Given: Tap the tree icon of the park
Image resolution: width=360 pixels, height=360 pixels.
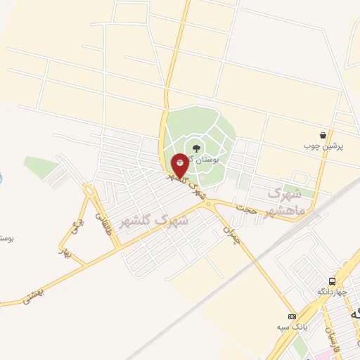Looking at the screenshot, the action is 195,148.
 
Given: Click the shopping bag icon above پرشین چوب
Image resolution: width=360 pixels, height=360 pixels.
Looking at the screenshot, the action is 323,135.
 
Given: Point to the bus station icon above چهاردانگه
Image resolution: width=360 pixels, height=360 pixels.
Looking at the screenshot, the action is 332,281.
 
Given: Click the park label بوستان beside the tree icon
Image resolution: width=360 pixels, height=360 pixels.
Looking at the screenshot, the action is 207,160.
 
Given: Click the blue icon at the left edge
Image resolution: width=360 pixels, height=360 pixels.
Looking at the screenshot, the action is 1,178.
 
